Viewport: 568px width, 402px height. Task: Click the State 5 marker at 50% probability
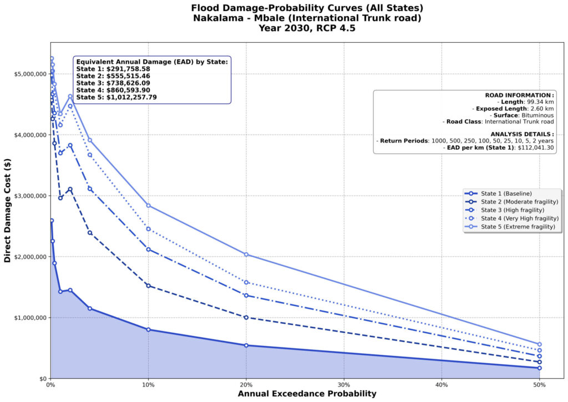pyautogui.click(x=539, y=344)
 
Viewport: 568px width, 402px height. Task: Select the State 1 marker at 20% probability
pyautogui.click(x=246, y=345)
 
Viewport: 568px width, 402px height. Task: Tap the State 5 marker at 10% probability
pyautogui.click(x=148, y=206)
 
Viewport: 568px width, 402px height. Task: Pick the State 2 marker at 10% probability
pyautogui.click(x=148, y=286)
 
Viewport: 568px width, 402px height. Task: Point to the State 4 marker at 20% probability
pyautogui.click(x=246, y=282)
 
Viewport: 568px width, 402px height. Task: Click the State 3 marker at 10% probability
pyautogui.click(x=148, y=249)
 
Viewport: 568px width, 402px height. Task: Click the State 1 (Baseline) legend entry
pyautogui.click(x=506, y=193)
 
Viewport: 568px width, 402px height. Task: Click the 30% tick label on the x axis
pyautogui.click(x=344, y=385)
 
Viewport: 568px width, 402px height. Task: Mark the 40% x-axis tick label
pyautogui.click(x=442, y=385)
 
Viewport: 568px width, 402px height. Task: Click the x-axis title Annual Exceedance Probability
pyautogui.click(x=307, y=394)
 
